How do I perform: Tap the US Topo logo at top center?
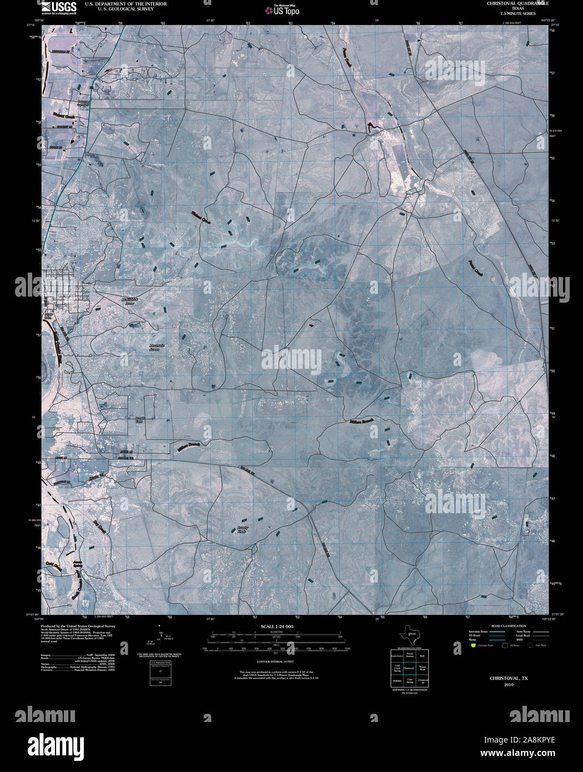tap(285, 10)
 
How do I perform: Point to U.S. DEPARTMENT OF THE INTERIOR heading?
tap(125, 3)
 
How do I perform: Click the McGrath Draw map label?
tap(129, 302)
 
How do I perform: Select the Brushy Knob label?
tap(241, 530)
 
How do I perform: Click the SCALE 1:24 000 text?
tap(277, 626)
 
